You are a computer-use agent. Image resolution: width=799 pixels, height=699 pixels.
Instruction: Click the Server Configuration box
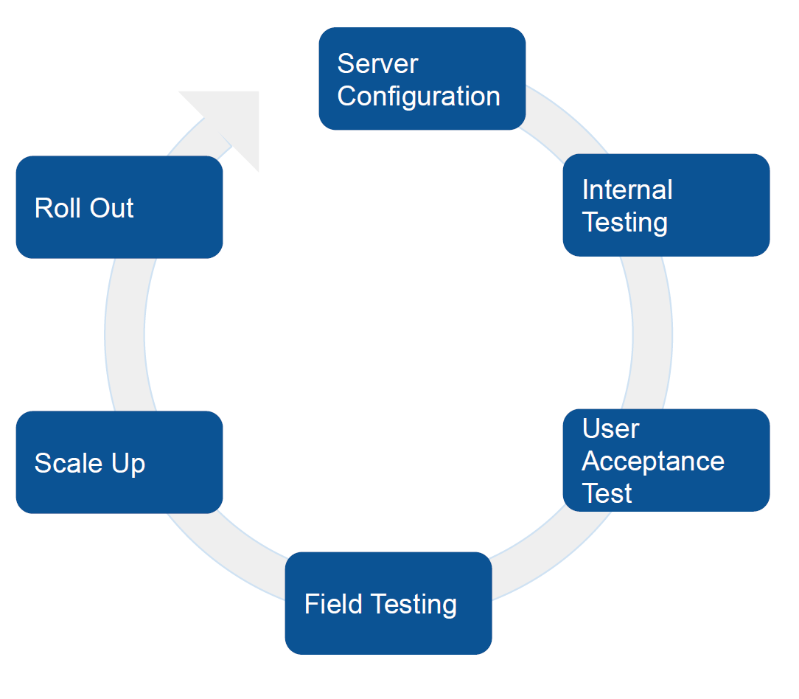[422, 78]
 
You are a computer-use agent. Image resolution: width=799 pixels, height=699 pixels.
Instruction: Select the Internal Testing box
[666, 205]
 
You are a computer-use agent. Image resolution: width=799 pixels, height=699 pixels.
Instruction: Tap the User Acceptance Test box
[666, 460]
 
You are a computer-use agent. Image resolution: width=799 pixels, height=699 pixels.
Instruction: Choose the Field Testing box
[388, 603]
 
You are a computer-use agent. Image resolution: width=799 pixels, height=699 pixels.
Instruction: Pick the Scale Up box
[119, 462]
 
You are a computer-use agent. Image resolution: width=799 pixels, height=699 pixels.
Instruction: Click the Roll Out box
[119, 207]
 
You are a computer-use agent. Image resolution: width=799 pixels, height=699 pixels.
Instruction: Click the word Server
[377, 63]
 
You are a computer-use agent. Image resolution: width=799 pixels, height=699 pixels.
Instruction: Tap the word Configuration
[419, 97]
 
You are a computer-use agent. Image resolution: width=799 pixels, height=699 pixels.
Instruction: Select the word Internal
[627, 189]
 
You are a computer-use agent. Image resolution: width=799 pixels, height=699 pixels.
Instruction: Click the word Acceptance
[653, 462]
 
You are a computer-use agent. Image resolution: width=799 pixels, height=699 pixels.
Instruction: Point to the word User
[610, 428]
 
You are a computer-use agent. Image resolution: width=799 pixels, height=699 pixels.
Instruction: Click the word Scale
[69, 463]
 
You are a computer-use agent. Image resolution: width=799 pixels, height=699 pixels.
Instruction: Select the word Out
[111, 208]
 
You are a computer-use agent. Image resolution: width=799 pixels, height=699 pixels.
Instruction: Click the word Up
[128, 464]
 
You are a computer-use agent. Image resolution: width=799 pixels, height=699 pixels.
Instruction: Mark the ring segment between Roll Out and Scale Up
[125, 335]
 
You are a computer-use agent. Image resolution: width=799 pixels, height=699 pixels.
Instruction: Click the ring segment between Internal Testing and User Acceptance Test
[652, 333]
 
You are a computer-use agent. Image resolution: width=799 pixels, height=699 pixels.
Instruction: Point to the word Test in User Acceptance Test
[607, 493]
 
